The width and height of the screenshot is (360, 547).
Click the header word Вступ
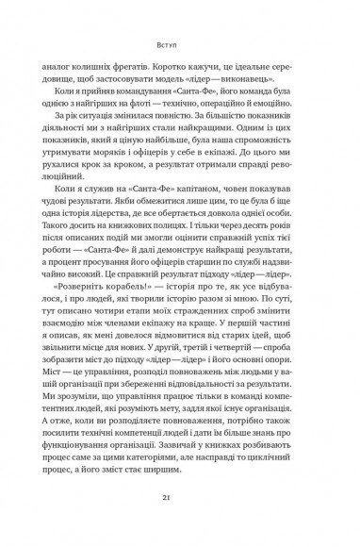[x=179, y=42]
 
